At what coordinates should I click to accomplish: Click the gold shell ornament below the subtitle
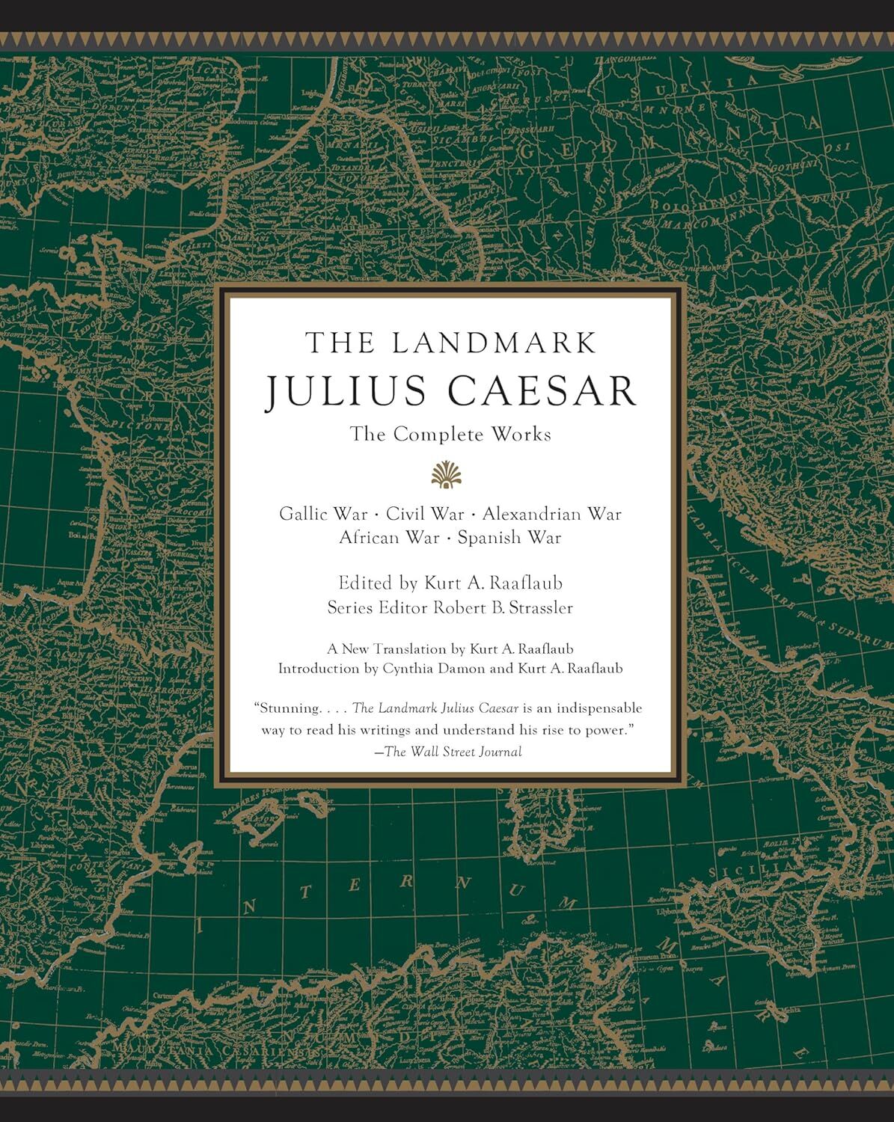[x=447, y=475]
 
